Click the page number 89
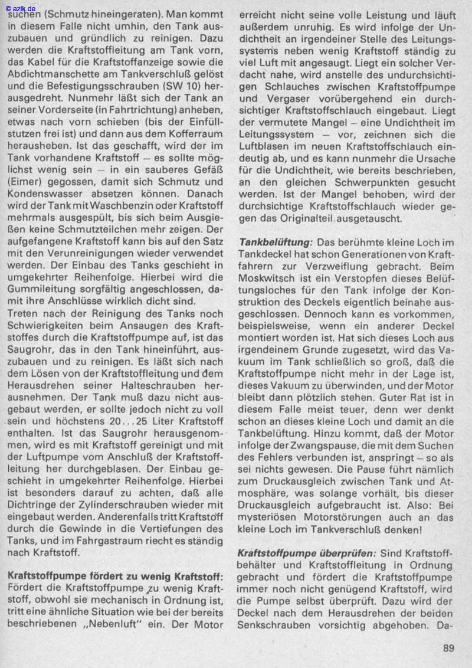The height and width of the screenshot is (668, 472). (x=448, y=649)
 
